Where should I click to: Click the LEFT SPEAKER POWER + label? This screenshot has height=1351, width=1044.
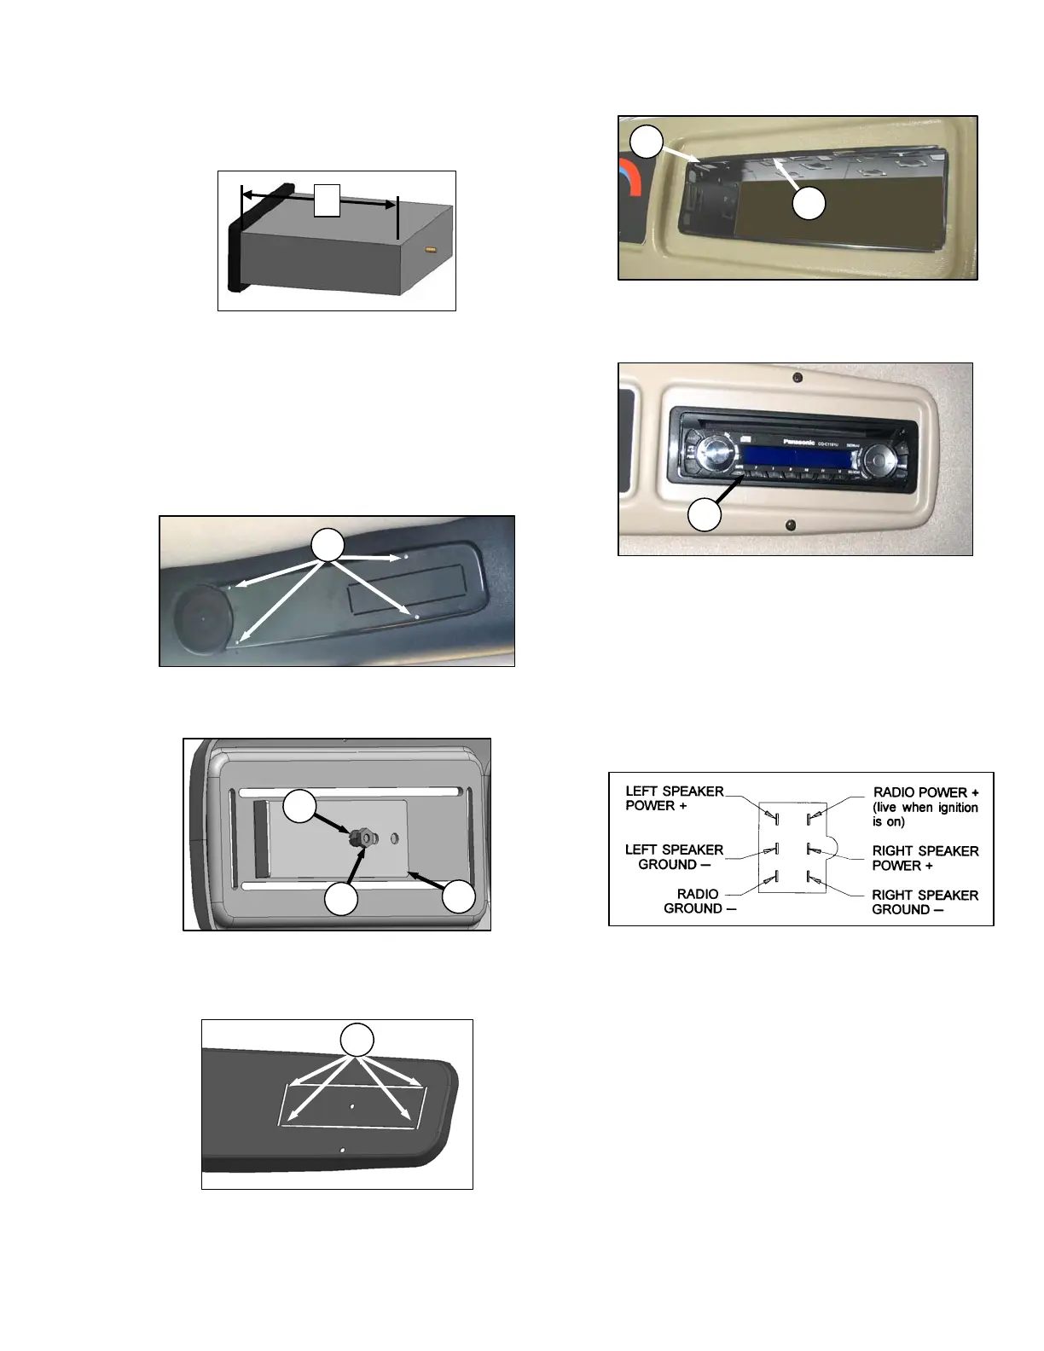coord(674,798)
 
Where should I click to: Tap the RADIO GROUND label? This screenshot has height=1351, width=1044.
coord(699,901)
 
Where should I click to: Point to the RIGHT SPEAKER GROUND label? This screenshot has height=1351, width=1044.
coord(925,902)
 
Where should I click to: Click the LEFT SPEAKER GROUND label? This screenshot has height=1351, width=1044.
coord(674,856)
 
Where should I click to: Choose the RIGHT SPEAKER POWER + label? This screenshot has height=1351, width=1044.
coord(925,858)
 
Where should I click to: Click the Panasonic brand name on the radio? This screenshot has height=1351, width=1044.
coord(799,443)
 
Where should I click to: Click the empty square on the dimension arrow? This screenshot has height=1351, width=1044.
coord(327,200)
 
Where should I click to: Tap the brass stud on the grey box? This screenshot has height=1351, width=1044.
coord(430,251)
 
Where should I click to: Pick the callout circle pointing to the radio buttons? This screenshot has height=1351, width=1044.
coord(705,515)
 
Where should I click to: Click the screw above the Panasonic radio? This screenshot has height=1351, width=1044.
coord(797,377)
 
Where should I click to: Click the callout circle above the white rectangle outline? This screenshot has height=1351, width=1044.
coord(357,1040)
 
